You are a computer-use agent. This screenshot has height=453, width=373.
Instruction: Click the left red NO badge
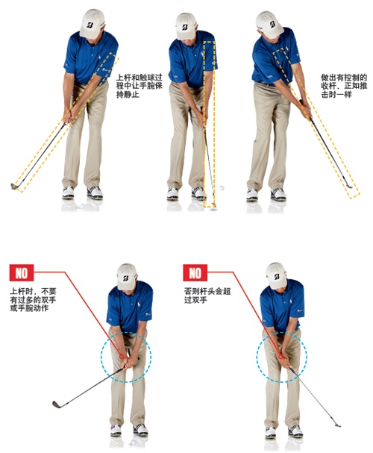[x=22, y=272]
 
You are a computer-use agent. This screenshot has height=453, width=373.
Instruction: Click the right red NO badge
[x=195, y=272]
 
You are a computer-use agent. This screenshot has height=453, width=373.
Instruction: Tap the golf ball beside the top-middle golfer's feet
[x=222, y=188]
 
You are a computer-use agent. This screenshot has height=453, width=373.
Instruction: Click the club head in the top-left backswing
[x=14, y=187]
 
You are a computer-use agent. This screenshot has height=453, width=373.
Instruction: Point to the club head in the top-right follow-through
[x=348, y=186]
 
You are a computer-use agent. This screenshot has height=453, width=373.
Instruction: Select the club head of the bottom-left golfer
[x=57, y=404]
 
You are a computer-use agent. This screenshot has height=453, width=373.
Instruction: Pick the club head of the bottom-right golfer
[x=337, y=425]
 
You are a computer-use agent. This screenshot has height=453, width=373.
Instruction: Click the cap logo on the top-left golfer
[x=90, y=25]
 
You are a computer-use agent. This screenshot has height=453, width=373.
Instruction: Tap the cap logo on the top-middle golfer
[x=185, y=27]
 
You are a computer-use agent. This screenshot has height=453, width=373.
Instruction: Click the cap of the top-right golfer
[x=269, y=25]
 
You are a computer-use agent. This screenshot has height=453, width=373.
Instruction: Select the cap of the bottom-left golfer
[x=127, y=276]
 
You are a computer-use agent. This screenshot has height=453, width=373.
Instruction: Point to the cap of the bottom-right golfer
[x=276, y=275]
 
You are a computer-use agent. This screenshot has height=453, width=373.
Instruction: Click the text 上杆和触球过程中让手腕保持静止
[x=140, y=86]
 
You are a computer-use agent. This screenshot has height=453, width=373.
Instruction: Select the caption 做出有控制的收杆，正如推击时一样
[x=344, y=86]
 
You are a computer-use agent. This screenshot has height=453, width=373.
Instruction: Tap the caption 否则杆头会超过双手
[x=207, y=296]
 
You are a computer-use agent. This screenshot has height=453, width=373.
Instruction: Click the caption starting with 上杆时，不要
[x=33, y=299]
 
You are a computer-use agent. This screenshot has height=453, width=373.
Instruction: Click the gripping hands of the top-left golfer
[x=69, y=116]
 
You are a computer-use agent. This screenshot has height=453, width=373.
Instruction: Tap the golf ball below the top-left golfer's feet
[x=82, y=206]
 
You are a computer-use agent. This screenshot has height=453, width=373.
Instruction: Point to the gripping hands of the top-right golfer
[x=305, y=109]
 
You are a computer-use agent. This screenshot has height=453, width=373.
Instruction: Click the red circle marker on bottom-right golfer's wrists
[x=281, y=357]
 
